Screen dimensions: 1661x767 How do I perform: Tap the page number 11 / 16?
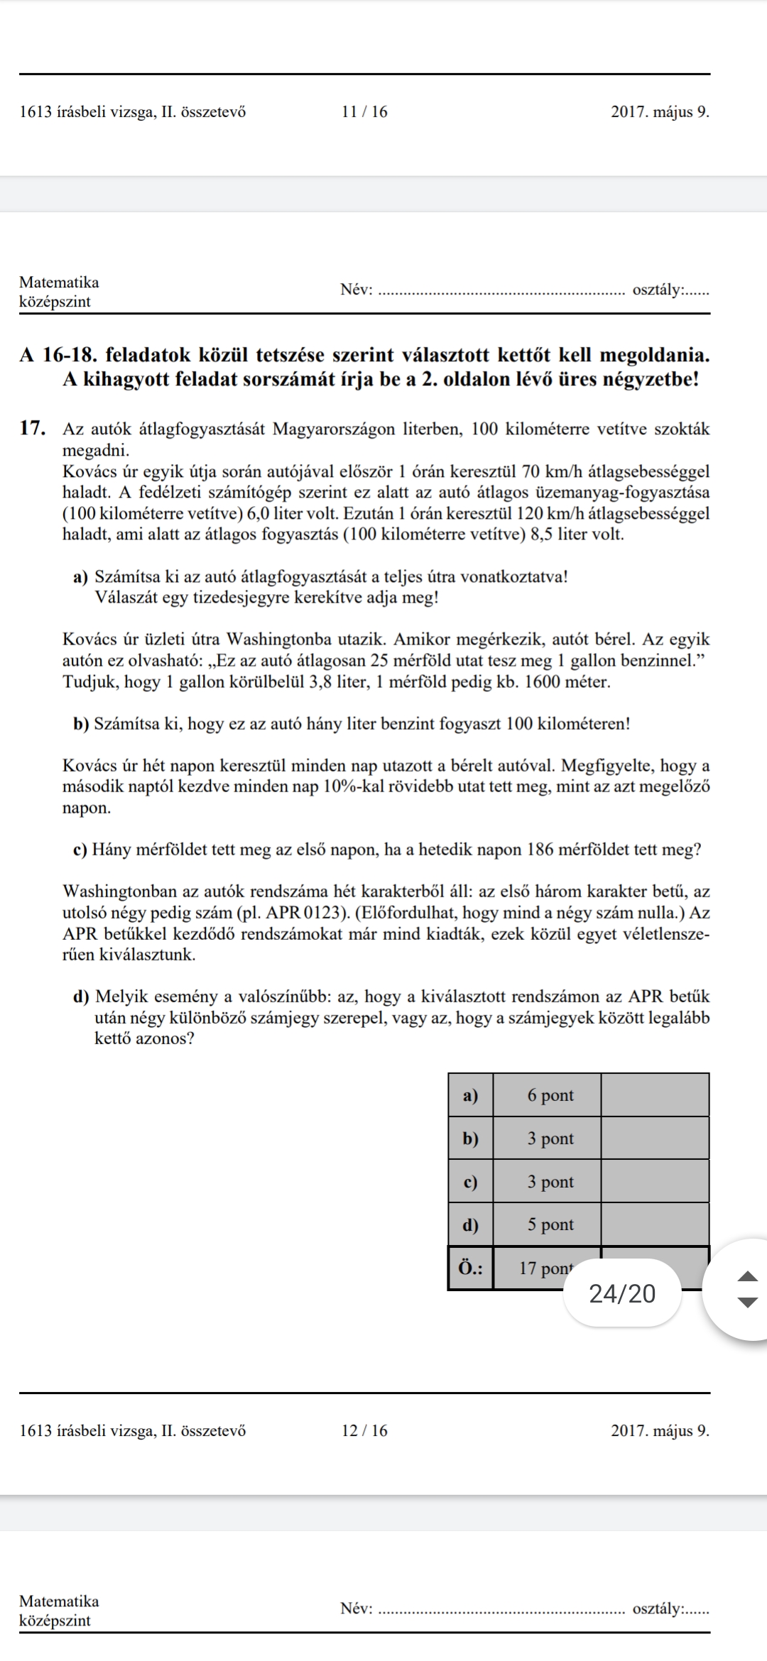pyautogui.click(x=364, y=112)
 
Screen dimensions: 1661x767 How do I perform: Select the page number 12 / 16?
pyautogui.click(x=364, y=1430)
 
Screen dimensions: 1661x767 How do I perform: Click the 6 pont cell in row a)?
pyautogui.click(x=550, y=1095)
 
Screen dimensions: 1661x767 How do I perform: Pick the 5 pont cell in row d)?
pyautogui.click(x=550, y=1224)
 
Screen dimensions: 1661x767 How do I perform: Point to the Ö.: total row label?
pyautogui.click(x=469, y=1268)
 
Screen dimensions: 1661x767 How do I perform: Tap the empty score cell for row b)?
pyautogui.click(x=655, y=1139)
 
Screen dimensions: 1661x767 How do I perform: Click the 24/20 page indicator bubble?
pyautogui.click(x=622, y=1293)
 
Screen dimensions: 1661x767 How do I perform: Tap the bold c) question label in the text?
pyautogui.click(x=81, y=850)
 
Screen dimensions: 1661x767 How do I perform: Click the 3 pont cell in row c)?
pyautogui.click(x=550, y=1182)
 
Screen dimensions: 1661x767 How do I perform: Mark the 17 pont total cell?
pyautogui.click(x=545, y=1268)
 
